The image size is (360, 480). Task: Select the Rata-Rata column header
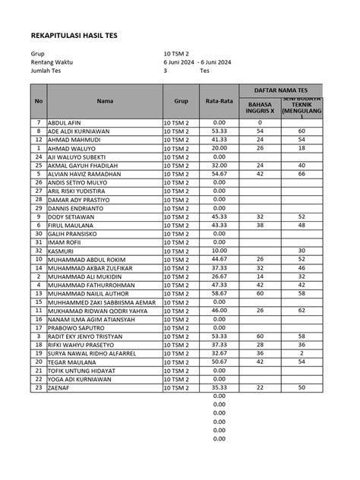(219, 100)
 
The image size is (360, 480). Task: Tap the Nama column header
(105, 100)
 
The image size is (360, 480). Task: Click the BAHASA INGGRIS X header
(260, 108)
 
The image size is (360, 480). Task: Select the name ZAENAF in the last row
(59, 388)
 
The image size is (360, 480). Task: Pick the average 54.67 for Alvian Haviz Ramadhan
(219, 174)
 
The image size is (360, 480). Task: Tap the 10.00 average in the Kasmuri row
(219, 251)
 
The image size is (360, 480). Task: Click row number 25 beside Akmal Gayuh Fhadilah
(38, 166)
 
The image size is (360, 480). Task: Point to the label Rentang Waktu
(52, 62)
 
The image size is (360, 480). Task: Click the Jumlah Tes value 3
(165, 70)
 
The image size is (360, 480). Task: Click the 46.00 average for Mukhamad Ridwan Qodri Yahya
(219, 311)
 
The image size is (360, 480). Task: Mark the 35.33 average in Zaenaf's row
(219, 388)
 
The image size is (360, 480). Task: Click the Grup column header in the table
(181, 100)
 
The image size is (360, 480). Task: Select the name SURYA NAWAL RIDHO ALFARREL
(92, 353)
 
